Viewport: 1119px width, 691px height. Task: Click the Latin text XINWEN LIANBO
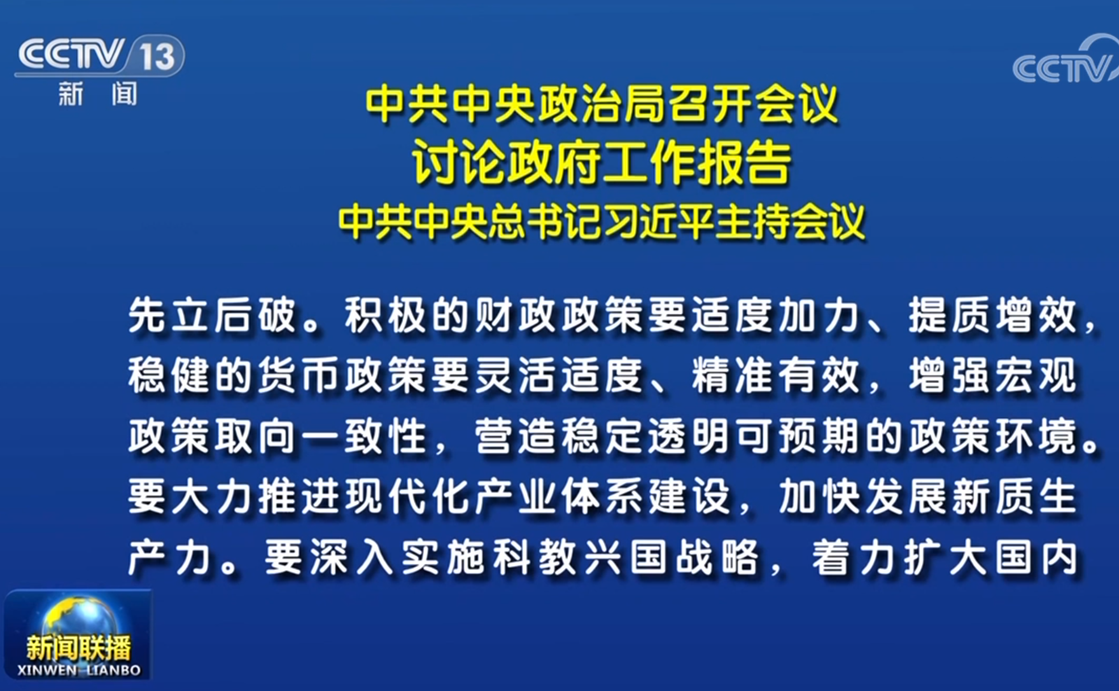[79, 670]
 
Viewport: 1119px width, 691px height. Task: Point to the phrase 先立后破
[212, 315]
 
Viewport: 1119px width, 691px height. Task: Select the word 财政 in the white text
[516, 315]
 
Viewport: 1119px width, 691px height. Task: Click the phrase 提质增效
[992, 315]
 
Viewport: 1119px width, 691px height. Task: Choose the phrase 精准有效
[776, 376]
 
